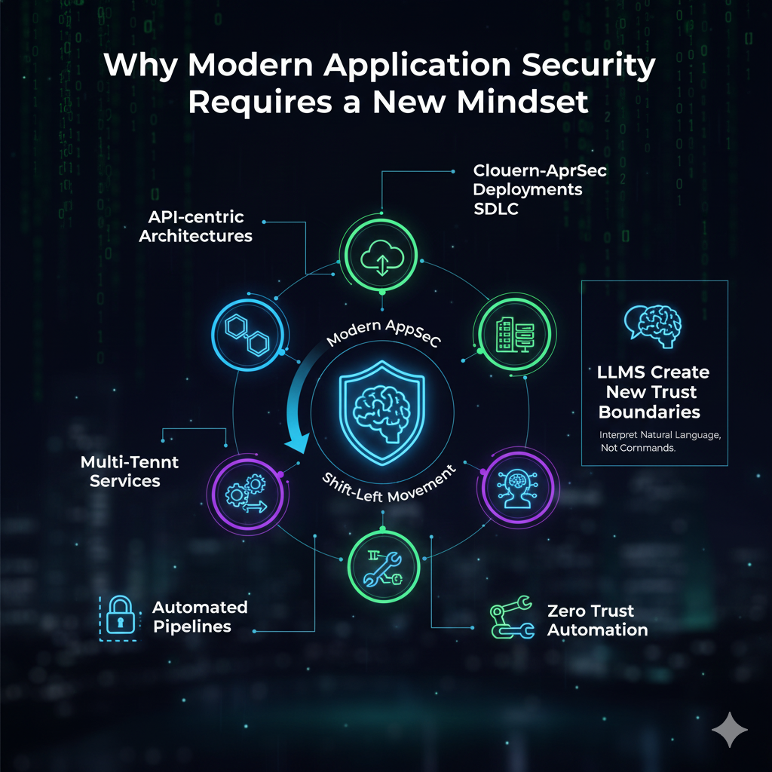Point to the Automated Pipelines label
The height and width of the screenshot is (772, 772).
click(x=200, y=617)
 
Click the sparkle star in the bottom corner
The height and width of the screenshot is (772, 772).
click(x=730, y=729)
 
